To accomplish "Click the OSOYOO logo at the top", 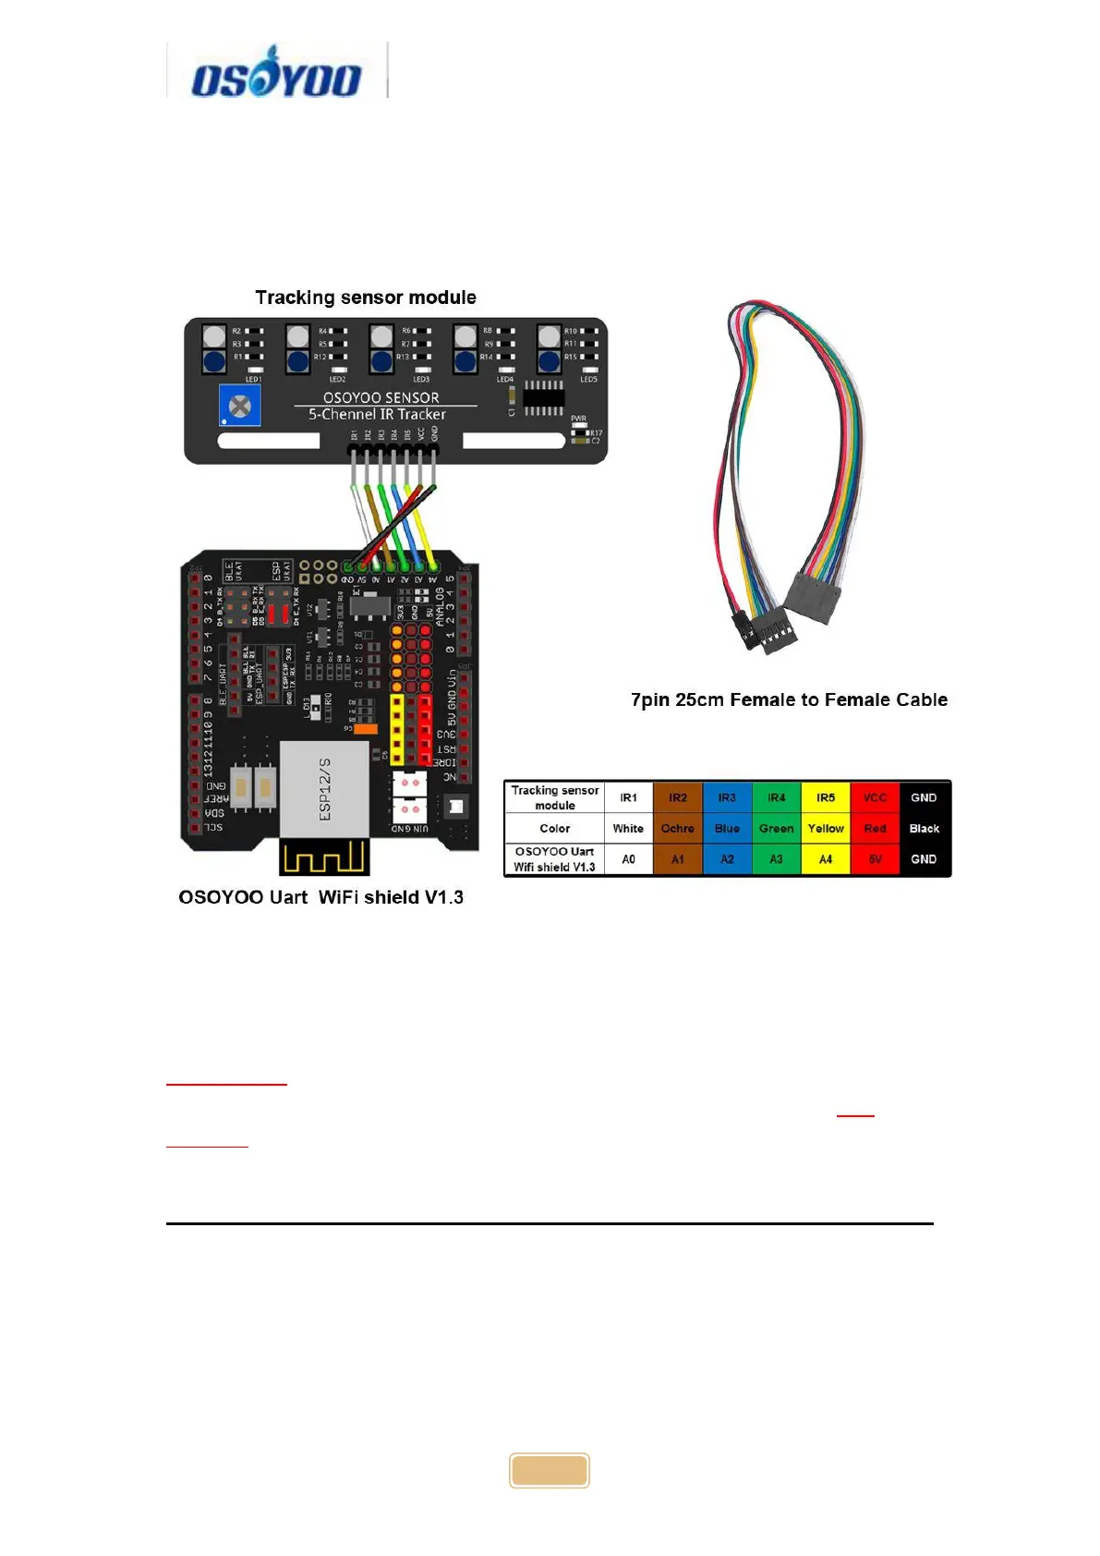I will click(x=275, y=72).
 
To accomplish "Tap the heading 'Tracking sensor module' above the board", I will click(x=366, y=298).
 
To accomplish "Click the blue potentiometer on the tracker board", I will click(x=240, y=406).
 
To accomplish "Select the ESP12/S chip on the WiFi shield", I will click(x=324, y=788).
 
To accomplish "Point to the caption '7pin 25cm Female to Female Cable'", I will click(x=789, y=699).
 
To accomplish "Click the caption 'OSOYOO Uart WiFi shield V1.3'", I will click(x=320, y=897).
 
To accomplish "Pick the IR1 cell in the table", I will click(x=628, y=797).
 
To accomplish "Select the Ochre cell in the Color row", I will click(x=677, y=829).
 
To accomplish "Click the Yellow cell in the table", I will click(x=826, y=829).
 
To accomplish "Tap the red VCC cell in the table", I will click(x=875, y=797).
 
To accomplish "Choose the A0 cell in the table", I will click(x=628, y=859).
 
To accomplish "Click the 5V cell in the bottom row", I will click(x=875, y=859).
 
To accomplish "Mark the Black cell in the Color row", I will click(x=924, y=829).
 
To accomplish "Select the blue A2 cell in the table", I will click(x=727, y=859).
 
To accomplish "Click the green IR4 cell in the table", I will click(x=776, y=797).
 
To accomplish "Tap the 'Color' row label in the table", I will click(x=554, y=829).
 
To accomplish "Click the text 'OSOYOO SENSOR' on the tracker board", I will click(x=381, y=397).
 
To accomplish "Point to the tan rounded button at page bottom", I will click(x=550, y=1470).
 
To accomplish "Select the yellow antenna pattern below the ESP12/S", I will click(x=324, y=858).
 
